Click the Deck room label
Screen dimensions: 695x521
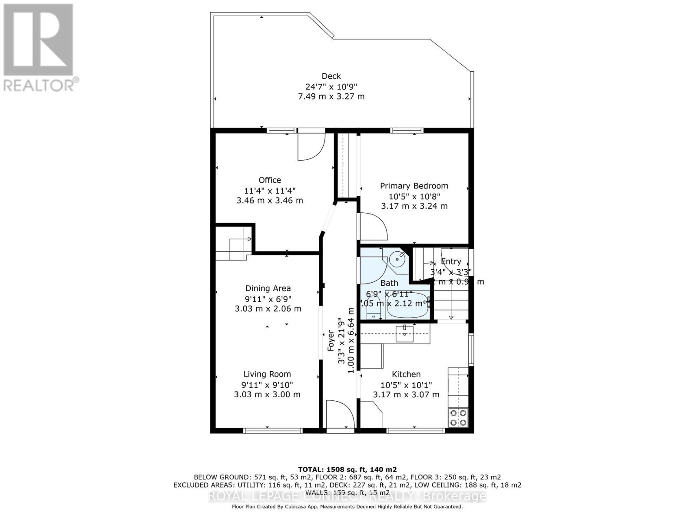331,76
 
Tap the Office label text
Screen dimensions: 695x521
270,180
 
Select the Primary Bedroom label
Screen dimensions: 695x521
414,186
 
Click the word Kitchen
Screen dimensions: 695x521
406,374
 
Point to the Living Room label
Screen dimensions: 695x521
267,374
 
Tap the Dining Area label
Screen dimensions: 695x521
268,288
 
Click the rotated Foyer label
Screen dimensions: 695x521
331,341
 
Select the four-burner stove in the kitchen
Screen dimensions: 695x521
458,418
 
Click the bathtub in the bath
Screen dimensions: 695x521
407,305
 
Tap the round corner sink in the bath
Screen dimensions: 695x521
397,259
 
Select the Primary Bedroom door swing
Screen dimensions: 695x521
372,226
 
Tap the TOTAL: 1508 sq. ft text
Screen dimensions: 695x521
347,469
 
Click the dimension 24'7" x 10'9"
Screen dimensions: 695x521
331,86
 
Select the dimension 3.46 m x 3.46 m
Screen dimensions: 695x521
270,201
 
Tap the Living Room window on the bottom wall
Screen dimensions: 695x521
273,431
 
